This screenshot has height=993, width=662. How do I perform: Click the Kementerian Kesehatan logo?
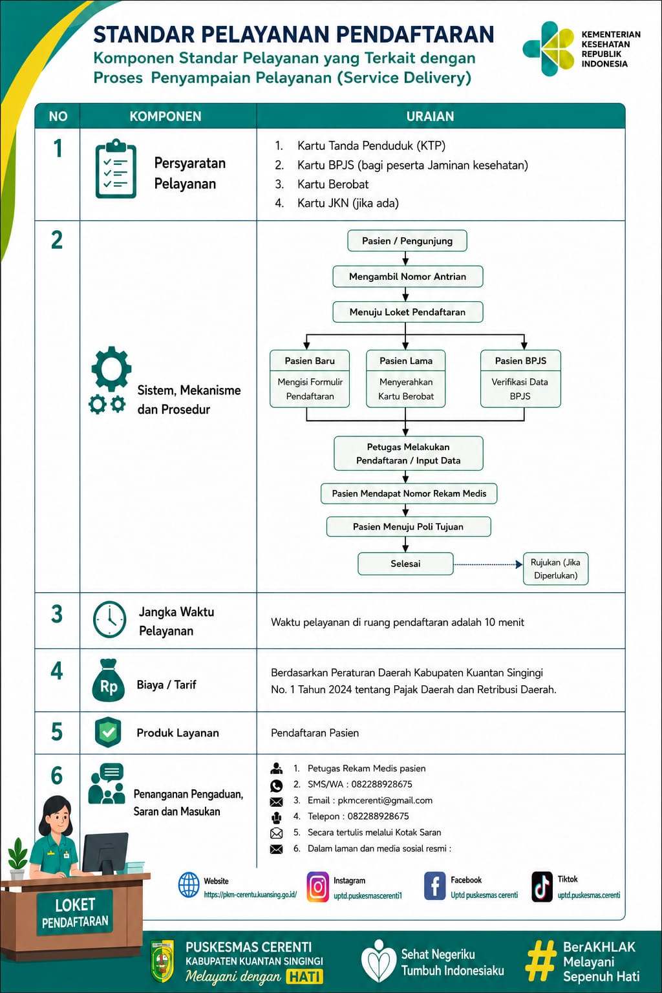[x=548, y=48]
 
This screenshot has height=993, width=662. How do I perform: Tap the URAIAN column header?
[x=430, y=116]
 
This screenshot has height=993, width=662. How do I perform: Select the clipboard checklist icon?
[x=116, y=169]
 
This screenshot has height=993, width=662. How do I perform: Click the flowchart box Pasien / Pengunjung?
[x=407, y=240]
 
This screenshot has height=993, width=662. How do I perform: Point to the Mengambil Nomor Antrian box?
[x=407, y=277]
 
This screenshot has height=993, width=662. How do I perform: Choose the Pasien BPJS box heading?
[x=520, y=361]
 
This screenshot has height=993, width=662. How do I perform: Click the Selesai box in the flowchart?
[x=405, y=564]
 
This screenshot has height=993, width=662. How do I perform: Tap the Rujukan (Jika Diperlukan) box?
[x=555, y=569]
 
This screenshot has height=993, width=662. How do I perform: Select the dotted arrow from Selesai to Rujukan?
[x=487, y=564]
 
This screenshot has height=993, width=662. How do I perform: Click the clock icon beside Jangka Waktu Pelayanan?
[x=109, y=620]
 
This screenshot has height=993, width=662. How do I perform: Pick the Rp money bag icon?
[x=108, y=681]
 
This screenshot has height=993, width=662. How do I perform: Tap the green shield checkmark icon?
[x=108, y=732]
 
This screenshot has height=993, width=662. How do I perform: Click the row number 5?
[x=57, y=732]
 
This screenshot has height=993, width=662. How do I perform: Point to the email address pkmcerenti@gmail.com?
[x=385, y=800]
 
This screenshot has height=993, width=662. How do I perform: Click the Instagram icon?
[x=318, y=886]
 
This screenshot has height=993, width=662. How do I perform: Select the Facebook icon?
[x=434, y=886]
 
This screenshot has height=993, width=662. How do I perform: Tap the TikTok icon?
[x=542, y=886]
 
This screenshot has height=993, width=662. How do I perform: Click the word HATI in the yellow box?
[x=305, y=977]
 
